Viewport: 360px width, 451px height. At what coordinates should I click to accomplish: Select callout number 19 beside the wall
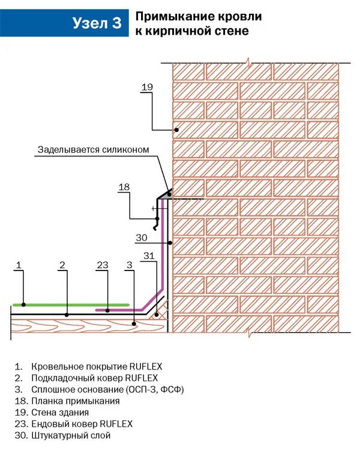click(x=147, y=88)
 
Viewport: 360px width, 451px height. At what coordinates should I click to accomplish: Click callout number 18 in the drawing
click(x=124, y=187)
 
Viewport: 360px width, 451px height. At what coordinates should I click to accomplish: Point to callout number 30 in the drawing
click(x=141, y=238)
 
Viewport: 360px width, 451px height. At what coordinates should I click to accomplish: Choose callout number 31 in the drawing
click(x=149, y=256)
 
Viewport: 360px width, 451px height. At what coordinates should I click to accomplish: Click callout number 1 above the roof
click(x=19, y=264)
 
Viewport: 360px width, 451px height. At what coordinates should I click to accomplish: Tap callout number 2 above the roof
click(x=62, y=264)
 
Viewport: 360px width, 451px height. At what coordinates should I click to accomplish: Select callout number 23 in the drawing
click(x=102, y=264)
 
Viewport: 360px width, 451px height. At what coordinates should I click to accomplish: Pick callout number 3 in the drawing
click(x=129, y=264)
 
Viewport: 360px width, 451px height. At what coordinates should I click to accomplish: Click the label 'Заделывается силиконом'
click(x=93, y=149)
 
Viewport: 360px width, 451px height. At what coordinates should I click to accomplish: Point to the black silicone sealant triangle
click(x=169, y=193)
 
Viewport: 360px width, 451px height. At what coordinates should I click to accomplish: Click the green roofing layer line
click(x=72, y=305)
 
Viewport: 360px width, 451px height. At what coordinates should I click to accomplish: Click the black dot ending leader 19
click(x=176, y=130)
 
